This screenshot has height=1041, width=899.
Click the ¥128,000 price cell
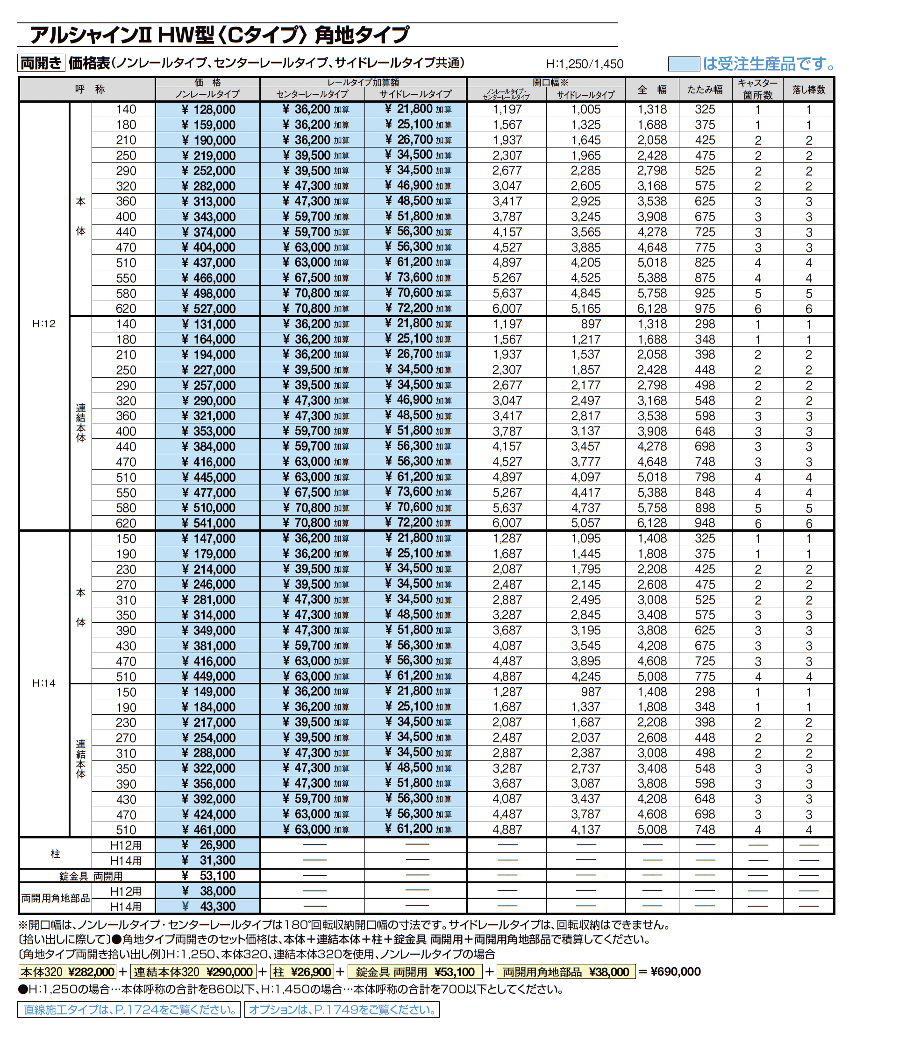click(207, 110)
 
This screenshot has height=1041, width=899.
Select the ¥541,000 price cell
click(207, 523)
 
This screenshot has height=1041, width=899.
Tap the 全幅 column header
click(652, 90)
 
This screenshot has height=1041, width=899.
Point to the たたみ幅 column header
click(705, 90)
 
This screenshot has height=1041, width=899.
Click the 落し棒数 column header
click(808, 90)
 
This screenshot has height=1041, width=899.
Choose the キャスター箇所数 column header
click(757, 90)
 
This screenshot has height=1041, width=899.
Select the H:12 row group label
click(44, 324)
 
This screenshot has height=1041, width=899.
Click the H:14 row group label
click(44, 683)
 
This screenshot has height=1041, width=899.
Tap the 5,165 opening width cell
click(585, 309)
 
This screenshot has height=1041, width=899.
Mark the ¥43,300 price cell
click(207, 907)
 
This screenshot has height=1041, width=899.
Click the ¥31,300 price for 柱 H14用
click(207, 860)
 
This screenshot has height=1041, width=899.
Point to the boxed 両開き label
click(41, 63)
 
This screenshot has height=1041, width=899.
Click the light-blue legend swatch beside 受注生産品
click(683, 64)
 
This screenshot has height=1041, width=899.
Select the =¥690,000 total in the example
click(670, 971)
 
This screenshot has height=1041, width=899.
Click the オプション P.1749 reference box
click(342, 1009)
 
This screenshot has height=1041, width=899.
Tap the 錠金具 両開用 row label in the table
click(91, 876)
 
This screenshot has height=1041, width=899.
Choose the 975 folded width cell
click(705, 309)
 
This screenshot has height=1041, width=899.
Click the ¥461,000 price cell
click(207, 830)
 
